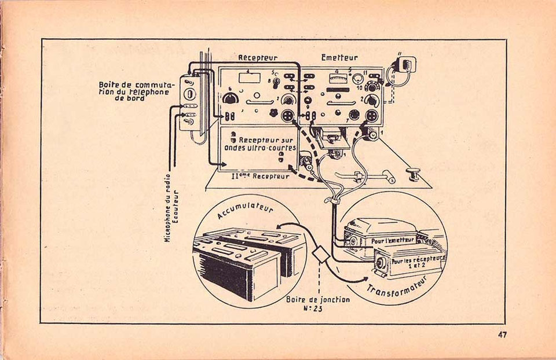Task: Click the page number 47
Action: coord(502,335)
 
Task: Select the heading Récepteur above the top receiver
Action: coord(258,57)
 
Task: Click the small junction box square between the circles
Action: coord(320,254)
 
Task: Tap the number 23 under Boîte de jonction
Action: coord(318,308)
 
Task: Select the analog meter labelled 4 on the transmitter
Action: coord(337,78)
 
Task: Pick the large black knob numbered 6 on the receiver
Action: coord(230,98)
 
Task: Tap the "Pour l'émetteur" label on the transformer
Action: coord(393,240)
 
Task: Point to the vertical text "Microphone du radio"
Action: coord(168,208)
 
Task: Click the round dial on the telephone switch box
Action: coord(190,94)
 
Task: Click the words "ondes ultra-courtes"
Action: coord(260,148)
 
